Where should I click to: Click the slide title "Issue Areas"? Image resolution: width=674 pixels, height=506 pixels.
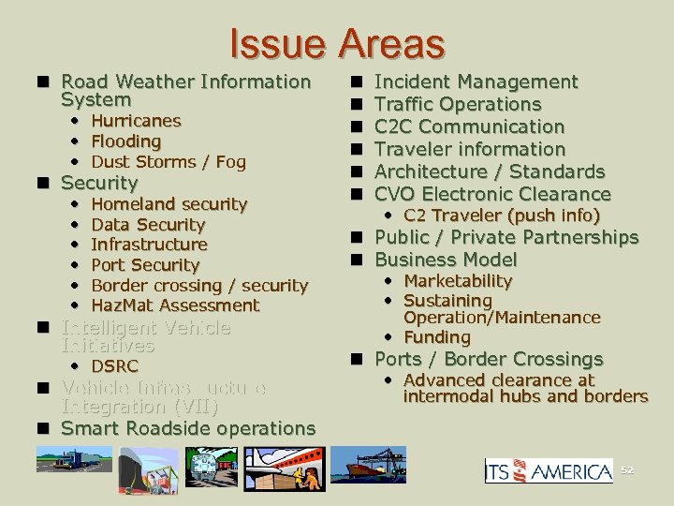click(336, 43)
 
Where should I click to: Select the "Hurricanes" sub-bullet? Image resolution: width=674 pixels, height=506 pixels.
click(136, 121)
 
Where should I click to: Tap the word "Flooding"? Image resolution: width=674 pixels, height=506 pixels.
click(126, 141)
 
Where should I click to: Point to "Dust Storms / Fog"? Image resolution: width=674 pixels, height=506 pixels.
click(168, 162)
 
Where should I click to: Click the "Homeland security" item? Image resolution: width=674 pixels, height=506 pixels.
click(169, 204)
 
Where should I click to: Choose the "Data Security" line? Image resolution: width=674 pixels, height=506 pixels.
click(148, 225)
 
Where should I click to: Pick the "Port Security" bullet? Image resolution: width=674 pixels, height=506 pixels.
click(145, 265)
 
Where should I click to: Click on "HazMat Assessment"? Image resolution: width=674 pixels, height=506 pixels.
click(175, 305)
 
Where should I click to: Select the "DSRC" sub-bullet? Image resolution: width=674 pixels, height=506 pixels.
click(114, 366)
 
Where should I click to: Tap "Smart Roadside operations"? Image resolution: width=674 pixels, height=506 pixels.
click(188, 428)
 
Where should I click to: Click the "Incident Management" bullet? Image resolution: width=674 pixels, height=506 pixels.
click(476, 82)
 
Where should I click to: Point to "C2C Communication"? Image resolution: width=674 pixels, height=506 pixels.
click(470, 126)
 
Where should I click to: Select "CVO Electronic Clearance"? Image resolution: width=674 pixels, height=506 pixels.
click(492, 194)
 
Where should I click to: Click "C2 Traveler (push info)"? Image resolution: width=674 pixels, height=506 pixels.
click(502, 216)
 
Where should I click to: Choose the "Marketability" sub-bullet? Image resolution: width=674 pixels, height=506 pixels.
click(458, 281)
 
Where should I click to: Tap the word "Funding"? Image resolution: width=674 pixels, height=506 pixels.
click(437, 337)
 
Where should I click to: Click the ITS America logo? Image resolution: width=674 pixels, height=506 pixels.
click(548, 470)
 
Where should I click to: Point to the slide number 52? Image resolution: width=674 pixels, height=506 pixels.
click(627, 469)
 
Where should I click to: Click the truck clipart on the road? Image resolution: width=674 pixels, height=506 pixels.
click(70, 460)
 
